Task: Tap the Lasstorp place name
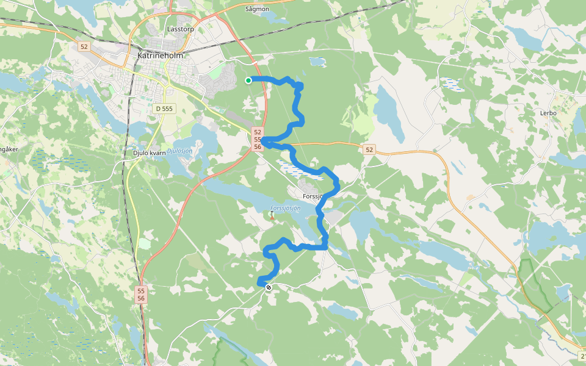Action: pos(181,29)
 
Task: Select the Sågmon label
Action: pos(257,9)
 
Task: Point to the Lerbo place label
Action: pos(548,113)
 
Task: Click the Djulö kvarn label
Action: pos(149,152)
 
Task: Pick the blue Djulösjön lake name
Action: pos(180,150)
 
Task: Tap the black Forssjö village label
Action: pos(315,196)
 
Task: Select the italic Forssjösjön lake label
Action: pos(285,208)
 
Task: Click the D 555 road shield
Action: pos(164,109)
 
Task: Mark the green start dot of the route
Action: pos(248,81)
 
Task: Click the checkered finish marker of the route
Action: pos(269,287)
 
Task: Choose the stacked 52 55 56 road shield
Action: pos(258,140)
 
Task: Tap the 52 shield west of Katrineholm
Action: pos(84,46)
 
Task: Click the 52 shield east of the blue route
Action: pos(369,149)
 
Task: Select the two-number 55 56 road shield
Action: pos(141,295)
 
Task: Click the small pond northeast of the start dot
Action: pos(317,61)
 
